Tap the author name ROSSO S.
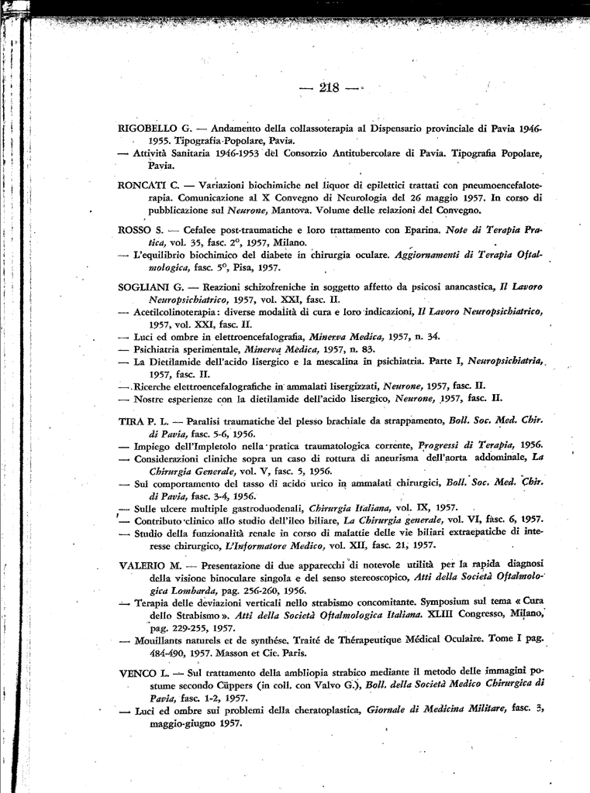point(140,230)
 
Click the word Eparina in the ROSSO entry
point(422,230)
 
